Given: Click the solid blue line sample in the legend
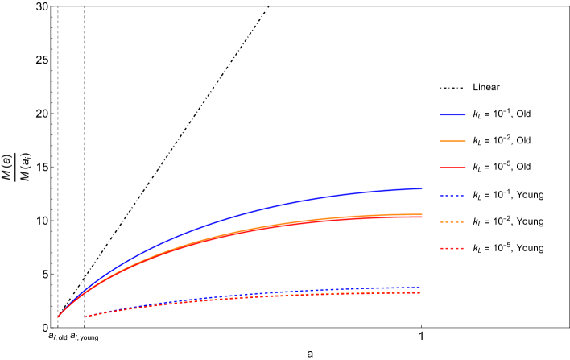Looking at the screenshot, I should pos(452,114).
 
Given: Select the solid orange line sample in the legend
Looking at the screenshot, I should pos(452,141).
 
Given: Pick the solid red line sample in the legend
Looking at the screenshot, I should pos(452,168).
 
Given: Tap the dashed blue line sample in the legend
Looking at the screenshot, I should pos(452,196).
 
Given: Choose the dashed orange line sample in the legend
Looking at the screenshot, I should pos(452,221).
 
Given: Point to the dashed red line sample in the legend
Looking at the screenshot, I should pos(452,248).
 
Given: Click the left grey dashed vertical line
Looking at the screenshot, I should pos(58,161).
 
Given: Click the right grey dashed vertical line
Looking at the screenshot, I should pos(85,161).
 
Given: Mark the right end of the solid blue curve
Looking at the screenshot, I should pos(422,188).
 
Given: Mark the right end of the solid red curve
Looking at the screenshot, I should pos(422,217).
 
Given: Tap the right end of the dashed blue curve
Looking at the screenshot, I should pos(420,287).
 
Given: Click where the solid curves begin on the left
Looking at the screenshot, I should pos(58,317).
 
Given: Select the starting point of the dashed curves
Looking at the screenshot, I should pos(85,317).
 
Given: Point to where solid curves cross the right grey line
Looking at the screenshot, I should pos(85,290).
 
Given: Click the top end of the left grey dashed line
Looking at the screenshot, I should pos(58,7).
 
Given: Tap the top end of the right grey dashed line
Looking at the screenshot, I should pos(85,7).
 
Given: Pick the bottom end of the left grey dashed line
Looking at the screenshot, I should pos(58,326).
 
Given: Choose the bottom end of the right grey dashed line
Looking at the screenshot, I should pos(85,326).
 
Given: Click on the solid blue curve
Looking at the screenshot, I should pos(242,214).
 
